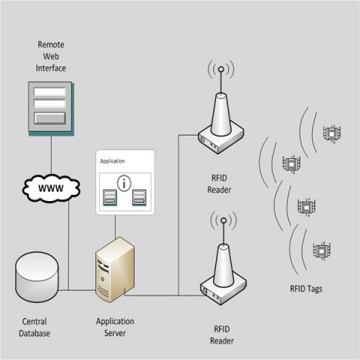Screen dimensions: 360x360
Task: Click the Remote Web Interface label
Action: click(51, 56)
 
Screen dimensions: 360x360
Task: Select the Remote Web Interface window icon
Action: click(51, 109)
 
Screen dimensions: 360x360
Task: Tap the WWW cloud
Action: click(51, 188)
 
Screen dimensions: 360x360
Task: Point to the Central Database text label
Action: click(34, 327)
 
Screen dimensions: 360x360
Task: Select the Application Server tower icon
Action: click(115, 269)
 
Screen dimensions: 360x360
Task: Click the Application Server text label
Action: click(115, 327)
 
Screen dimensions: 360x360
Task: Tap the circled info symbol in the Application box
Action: click(124, 184)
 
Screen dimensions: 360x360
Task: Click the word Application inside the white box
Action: click(112, 161)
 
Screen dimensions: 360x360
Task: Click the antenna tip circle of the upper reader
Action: click(221, 69)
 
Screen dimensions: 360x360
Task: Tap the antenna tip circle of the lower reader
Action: click(223, 220)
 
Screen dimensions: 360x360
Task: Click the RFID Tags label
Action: click(306, 289)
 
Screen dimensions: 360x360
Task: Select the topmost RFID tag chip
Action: click(331, 134)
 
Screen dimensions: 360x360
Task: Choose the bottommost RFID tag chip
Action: click(322, 250)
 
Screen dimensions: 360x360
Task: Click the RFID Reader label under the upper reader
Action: click(219, 184)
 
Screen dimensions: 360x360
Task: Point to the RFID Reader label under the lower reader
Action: click(222, 335)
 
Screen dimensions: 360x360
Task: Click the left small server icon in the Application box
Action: click(109, 197)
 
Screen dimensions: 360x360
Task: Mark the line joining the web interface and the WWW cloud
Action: click(51, 155)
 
